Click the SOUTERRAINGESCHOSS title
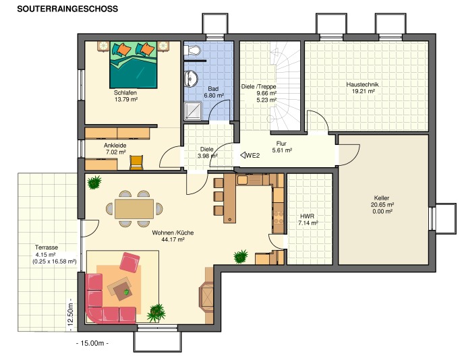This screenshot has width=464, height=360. (67, 9)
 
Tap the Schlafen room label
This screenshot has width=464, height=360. (125, 92)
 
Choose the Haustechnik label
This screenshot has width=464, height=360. (363, 84)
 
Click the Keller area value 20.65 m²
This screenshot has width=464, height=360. (382, 204)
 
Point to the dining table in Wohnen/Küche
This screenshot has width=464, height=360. (134, 209)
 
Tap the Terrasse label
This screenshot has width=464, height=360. (47, 247)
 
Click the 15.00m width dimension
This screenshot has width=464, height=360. (93, 343)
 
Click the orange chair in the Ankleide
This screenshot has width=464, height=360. (137, 162)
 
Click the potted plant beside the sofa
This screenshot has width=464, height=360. (156, 311)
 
